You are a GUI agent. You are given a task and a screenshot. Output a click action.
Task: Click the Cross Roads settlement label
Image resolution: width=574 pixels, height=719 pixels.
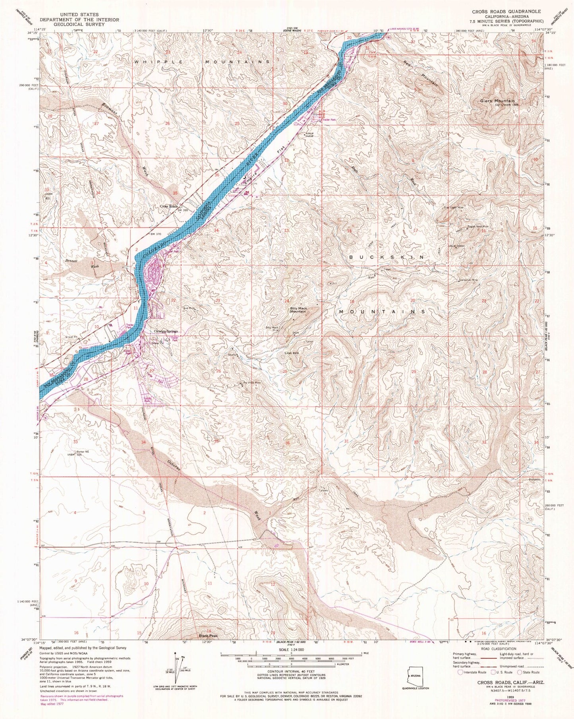pos(169,206)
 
